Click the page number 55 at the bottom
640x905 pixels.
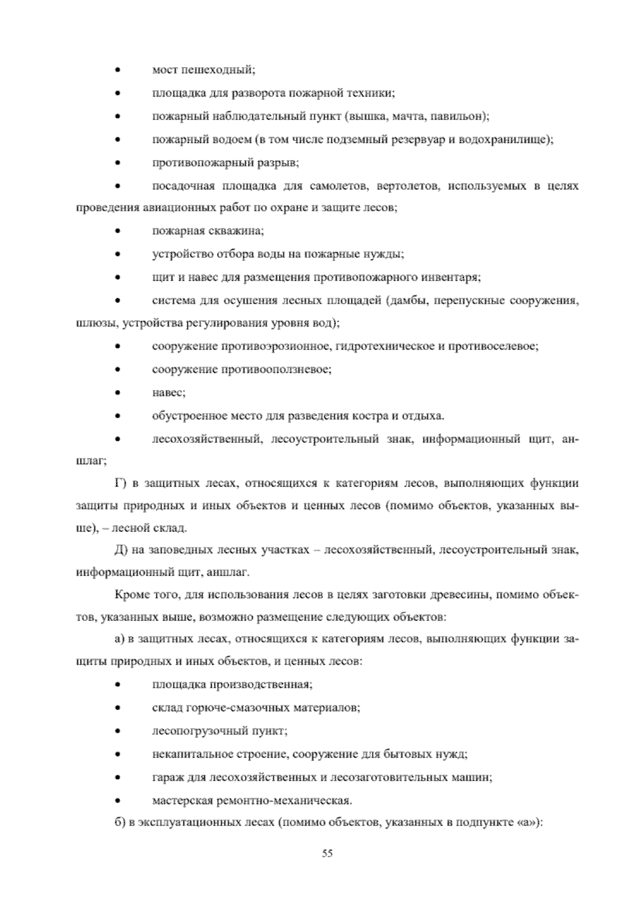pyautogui.click(x=327, y=853)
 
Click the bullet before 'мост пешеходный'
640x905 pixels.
pyautogui.click(x=117, y=70)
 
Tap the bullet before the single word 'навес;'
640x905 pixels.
pyautogui.click(x=117, y=393)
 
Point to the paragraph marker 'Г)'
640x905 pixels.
pyautogui.click(x=119, y=484)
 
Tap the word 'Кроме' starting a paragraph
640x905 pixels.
pyautogui.click(x=128, y=595)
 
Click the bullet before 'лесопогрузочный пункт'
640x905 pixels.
pyautogui.click(x=117, y=731)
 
